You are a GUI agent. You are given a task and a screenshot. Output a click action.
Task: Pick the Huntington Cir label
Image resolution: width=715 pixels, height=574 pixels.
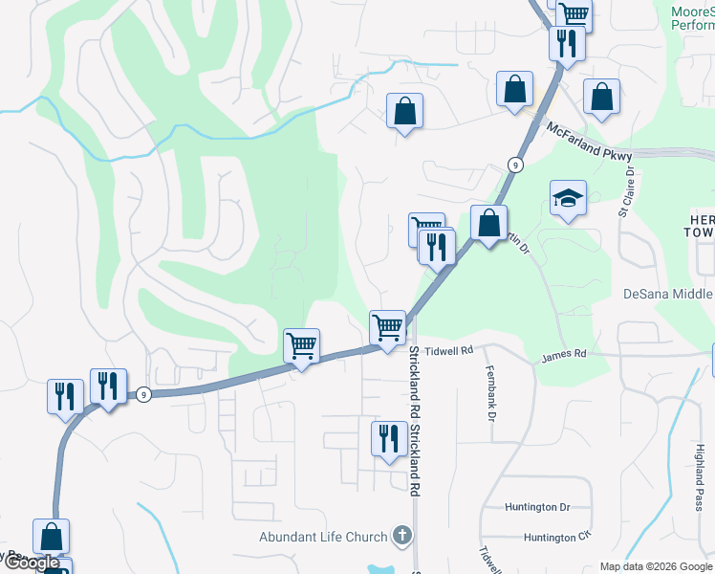557,538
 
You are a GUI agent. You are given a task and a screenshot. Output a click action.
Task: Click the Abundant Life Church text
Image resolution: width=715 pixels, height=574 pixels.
323,537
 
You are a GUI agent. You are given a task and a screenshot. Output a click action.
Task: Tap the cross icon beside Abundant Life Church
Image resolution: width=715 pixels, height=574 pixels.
402,537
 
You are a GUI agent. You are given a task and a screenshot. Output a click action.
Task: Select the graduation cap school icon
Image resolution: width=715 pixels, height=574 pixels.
568,198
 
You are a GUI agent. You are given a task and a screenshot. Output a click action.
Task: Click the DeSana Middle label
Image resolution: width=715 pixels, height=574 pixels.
668,294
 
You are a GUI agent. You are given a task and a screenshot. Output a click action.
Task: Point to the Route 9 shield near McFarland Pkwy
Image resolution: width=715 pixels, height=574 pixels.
516,165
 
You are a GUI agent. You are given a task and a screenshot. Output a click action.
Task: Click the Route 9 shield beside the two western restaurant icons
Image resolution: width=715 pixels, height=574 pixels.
142,393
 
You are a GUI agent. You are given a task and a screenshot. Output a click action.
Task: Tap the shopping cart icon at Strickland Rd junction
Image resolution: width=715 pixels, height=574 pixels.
387,327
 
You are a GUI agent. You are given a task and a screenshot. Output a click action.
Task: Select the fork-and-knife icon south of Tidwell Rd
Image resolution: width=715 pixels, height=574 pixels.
388,438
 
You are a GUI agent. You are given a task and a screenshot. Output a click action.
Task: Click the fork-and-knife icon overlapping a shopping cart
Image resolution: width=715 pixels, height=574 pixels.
437,246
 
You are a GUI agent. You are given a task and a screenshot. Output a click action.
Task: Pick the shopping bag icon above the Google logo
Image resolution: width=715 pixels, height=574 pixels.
51,536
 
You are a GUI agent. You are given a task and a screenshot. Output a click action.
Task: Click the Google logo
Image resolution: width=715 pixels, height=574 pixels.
32,563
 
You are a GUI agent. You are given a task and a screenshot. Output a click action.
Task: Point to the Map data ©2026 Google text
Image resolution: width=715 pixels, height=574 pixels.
656,566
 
